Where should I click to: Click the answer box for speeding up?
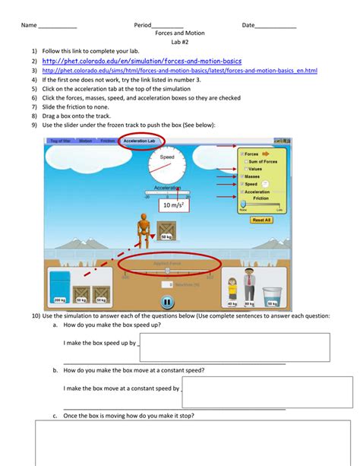pyautogui.click(x=234, y=347)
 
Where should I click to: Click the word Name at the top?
pyautogui.click(x=29, y=25)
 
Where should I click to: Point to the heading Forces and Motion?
pyautogui.click(x=179, y=34)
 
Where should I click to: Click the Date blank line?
pyautogui.click(x=276, y=27)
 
